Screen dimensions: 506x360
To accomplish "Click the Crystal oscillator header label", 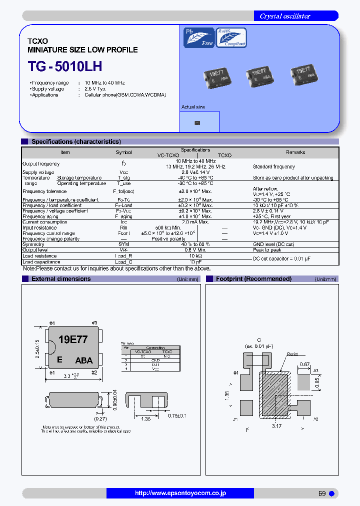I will tap(284, 16).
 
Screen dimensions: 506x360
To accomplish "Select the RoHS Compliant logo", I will tap(231, 37).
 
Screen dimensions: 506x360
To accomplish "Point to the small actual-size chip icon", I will tap(196, 122).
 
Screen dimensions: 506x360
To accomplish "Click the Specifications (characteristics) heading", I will tap(76, 142).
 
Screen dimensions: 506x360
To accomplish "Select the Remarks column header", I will tap(295, 152).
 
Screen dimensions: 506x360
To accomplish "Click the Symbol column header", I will tap(124, 152).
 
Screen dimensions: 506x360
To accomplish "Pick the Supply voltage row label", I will tap(38, 172).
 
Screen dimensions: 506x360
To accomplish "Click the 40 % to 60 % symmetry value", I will tap(195, 244).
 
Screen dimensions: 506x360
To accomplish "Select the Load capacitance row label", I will tap(41, 262).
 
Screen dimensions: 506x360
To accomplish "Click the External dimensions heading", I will tap(61, 279).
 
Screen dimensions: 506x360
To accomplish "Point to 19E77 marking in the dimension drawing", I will tap(73, 339).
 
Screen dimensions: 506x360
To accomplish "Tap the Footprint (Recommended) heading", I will tap(253, 279).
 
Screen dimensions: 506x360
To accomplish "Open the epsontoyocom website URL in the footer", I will tap(180, 493).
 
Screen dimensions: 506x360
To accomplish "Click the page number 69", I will tap(322, 493).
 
